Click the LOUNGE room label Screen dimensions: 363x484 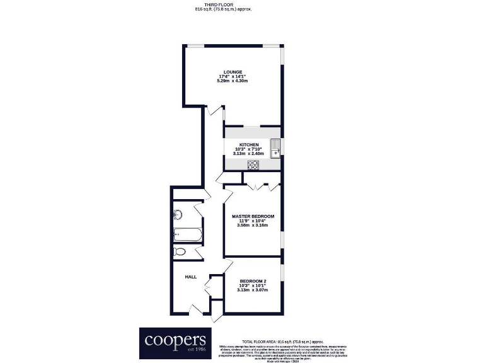pos(233,72)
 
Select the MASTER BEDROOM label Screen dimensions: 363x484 pos(253,216)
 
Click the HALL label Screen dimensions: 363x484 pos(190,277)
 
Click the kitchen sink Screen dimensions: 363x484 pos(275,151)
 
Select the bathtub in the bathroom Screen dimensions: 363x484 pos(187,235)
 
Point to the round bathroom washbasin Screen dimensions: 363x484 pos(179,212)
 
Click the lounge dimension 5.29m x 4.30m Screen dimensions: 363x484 pos(233,81)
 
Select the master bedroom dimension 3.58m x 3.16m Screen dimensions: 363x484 pos(253,225)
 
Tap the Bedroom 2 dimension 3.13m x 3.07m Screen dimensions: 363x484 pos(253,290)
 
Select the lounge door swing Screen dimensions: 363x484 pos(216,113)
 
